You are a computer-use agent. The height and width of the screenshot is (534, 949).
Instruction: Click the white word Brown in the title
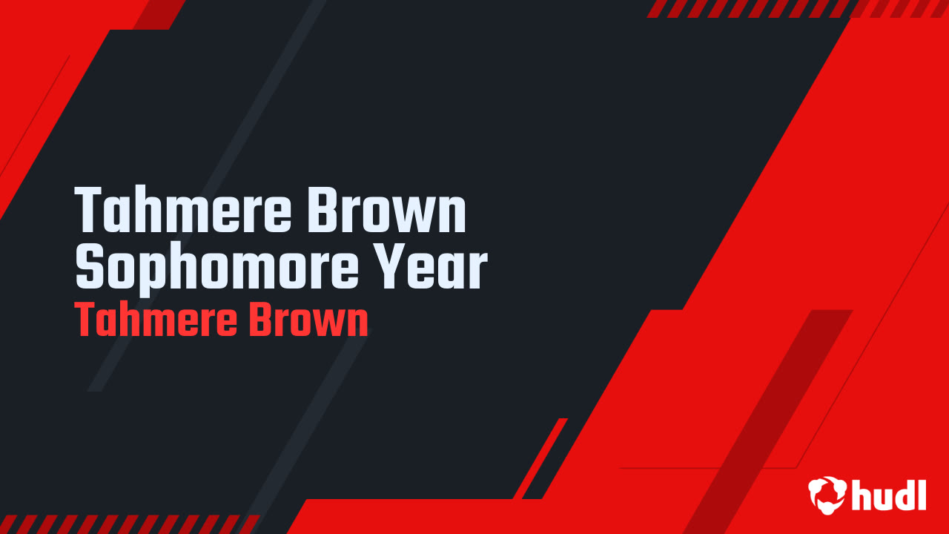[386, 211]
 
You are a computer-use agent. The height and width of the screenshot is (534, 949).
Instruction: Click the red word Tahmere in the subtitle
[155, 322]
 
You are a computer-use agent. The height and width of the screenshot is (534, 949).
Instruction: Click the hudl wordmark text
[889, 495]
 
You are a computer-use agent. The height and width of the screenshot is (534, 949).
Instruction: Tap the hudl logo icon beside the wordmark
[827, 495]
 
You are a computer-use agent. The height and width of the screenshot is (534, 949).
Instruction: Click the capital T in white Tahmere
[88, 211]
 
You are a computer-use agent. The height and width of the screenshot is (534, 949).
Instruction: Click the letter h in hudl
[862, 495]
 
